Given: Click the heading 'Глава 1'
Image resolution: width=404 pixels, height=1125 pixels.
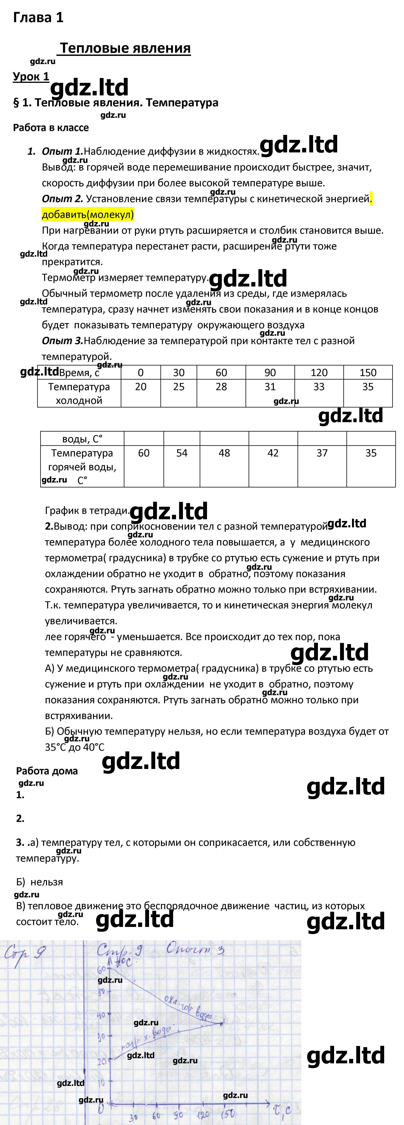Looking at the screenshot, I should (x=38, y=18).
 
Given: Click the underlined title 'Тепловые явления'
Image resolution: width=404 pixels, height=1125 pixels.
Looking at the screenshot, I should (x=125, y=48).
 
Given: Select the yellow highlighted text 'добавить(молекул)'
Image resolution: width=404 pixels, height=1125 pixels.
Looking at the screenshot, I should (x=88, y=214).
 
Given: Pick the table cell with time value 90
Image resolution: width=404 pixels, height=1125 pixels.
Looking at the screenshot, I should (x=270, y=372).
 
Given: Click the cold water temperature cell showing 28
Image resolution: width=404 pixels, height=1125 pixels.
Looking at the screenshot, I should (x=221, y=387).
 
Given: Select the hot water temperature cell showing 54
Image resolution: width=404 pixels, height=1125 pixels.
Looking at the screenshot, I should (x=182, y=453).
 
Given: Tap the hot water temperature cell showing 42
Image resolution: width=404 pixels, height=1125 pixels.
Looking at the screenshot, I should (x=273, y=453).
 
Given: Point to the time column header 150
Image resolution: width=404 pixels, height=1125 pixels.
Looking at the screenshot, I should (x=368, y=372).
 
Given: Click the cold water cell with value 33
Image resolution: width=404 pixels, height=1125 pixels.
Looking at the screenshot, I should (x=319, y=387).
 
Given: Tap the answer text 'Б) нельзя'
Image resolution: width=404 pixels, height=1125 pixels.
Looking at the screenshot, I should (x=39, y=882).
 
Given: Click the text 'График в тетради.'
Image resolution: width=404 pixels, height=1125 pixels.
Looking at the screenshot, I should (x=87, y=511).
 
